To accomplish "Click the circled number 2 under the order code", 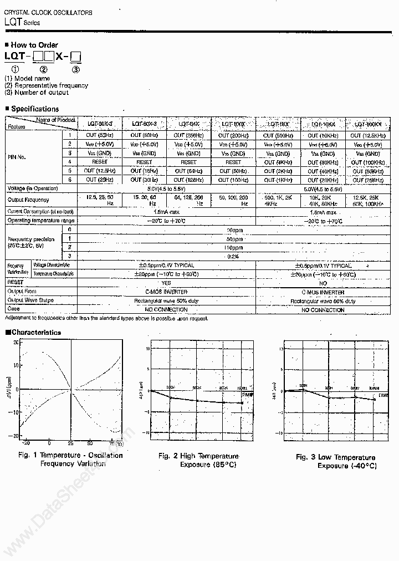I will pyautogui.click(x=44, y=69).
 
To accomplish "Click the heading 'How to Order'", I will pyautogui.click(x=34, y=45).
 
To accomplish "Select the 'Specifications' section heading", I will pyautogui.click(x=34, y=109).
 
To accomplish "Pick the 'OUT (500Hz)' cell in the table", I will pyautogui.click(x=277, y=136).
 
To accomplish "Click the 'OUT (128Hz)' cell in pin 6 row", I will pyautogui.click(x=188, y=180).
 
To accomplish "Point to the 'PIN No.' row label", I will pyautogui.click(x=17, y=157).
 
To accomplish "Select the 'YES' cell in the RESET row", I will pyautogui.click(x=166, y=283).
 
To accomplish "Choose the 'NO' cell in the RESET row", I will pyautogui.click(x=323, y=283).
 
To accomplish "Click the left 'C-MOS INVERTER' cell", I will pyautogui.click(x=166, y=292).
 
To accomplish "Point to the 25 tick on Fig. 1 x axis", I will pyautogui.click(x=70, y=443).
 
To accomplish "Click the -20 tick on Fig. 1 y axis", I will pyautogui.click(x=15, y=436).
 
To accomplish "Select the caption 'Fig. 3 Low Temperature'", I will pyautogui.click(x=335, y=457).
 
